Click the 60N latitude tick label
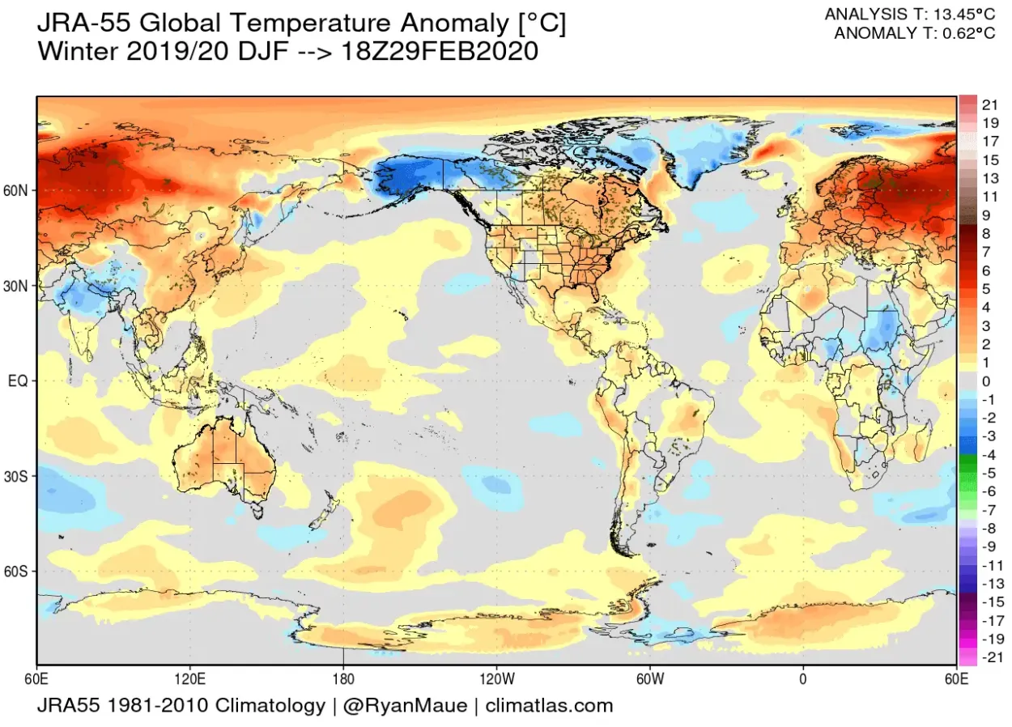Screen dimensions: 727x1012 [x=19, y=191]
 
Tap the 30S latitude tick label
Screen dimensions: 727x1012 [x=19, y=476]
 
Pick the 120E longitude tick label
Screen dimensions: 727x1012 [x=189, y=677]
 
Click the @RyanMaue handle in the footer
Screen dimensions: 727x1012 [x=405, y=706]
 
